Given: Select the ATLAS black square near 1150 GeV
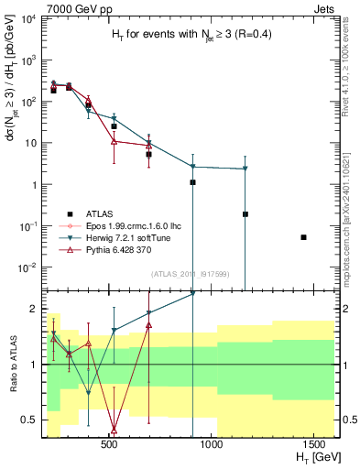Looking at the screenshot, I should (245, 214).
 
